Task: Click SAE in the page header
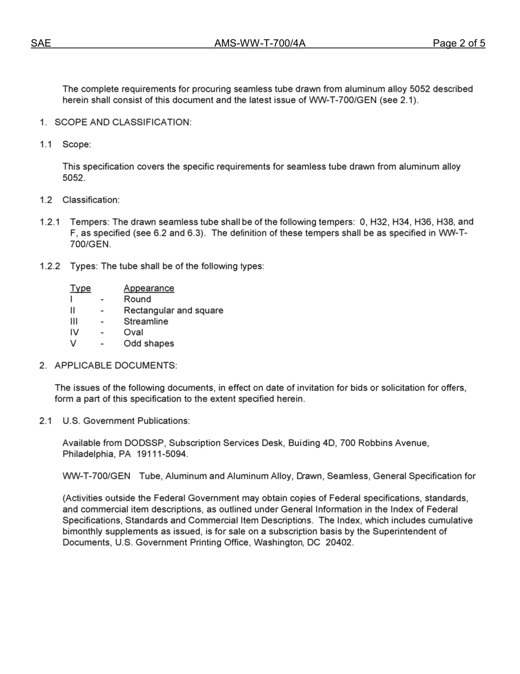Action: click(41, 44)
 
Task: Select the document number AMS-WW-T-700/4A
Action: click(259, 44)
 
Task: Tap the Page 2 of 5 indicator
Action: click(459, 44)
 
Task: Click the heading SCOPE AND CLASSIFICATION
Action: click(123, 122)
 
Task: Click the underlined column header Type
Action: click(80, 288)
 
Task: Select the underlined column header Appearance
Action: click(149, 288)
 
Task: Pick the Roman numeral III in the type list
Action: click(74, 322)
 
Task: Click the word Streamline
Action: click(146, 322)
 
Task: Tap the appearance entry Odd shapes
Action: click(149, 344)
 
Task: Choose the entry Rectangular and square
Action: click(174, 311)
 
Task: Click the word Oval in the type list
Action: click(134, 333)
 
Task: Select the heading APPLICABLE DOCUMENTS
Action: click(115, 365)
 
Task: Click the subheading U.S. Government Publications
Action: click(126, 421)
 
